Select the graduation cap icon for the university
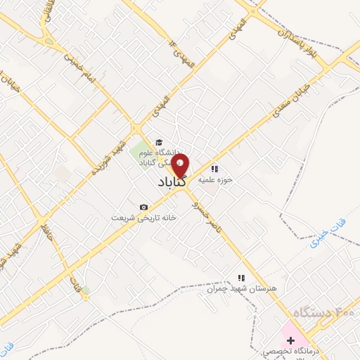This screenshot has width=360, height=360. (x=159, y=141)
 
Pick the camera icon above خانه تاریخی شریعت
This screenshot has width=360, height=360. (x=143, y=207)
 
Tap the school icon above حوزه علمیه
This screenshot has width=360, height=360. (x=214, y=169)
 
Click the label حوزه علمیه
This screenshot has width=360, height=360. (x=214, y=179)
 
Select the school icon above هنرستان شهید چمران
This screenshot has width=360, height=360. (x=242, y=278)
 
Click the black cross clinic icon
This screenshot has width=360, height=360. (x=290, y=340)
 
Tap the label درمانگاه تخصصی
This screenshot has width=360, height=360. (x=288, y=351)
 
